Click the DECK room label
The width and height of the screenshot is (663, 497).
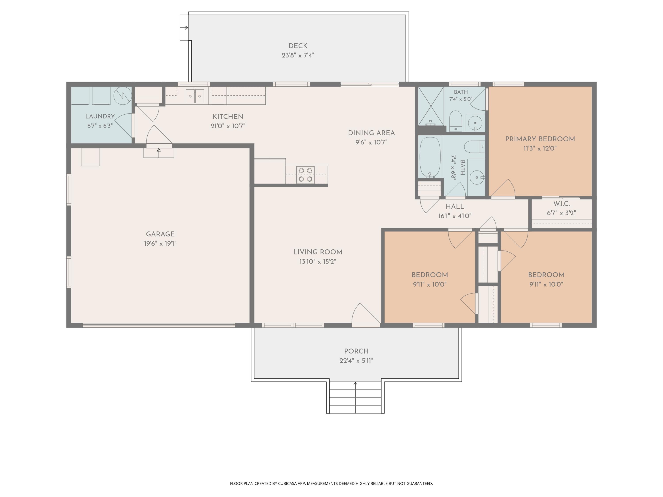[x=298, y=46]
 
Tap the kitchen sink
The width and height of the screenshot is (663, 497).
[x=195, y=96]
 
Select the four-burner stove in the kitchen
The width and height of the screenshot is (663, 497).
[x=305, y=175]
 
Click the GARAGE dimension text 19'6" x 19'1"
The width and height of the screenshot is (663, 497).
[x=160, y=244]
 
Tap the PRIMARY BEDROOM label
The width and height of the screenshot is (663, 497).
[x=540, y=139]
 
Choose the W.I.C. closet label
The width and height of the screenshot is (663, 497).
[x=561, y=204]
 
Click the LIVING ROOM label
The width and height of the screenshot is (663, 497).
[x=318, y=252]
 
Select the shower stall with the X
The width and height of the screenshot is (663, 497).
[x=431, y=106]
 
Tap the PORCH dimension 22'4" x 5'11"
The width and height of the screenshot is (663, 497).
[x=356, y=361]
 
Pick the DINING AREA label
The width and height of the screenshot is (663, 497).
[x=371, y=133]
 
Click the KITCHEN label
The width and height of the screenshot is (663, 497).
[x=228, y=117]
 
